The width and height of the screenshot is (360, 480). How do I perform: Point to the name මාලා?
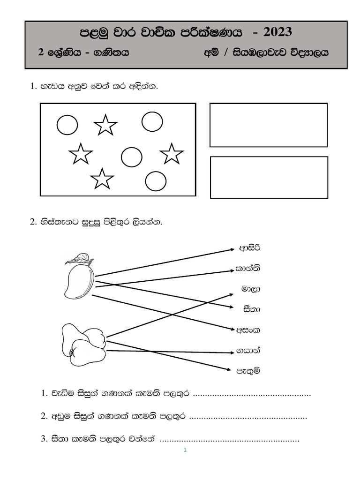251,289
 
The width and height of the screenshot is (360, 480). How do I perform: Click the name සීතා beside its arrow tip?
252,309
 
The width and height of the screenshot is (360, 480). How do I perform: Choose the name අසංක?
249,330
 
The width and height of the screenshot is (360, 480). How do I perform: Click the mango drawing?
79,280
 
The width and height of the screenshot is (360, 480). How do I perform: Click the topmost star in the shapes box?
105,125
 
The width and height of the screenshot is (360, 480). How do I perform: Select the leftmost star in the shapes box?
81,154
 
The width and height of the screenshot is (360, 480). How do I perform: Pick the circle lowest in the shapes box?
156,181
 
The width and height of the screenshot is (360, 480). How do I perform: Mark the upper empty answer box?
268,125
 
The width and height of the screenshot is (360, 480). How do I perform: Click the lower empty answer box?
269,177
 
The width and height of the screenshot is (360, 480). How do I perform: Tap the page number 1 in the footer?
185,450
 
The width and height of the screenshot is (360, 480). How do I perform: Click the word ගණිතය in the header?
110,53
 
